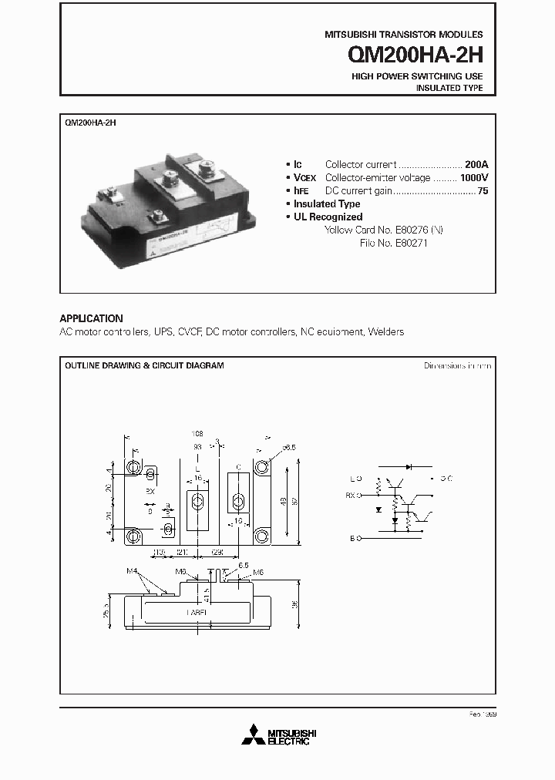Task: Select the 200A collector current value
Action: click(476, 164)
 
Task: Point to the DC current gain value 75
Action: click(483, 190)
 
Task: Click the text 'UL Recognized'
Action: click(328, 217)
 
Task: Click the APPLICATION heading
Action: click(91, 318)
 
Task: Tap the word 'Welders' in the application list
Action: click(385, 331)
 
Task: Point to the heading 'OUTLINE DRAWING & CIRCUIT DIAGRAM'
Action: click(144, 365)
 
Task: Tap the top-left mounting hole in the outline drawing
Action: click(134, 468)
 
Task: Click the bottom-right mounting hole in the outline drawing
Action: click(261, 534)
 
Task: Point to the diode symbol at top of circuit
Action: click(409, 466)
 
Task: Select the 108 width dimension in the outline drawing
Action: click(197, 434)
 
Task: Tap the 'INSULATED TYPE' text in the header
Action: click(449, 88)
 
